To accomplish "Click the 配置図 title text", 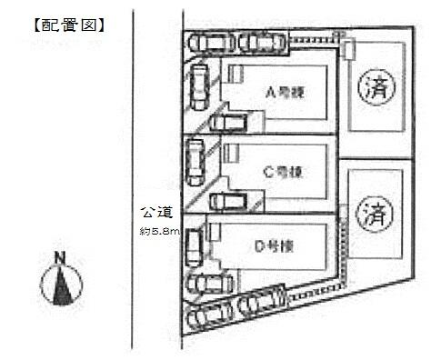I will coord(64,25).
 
